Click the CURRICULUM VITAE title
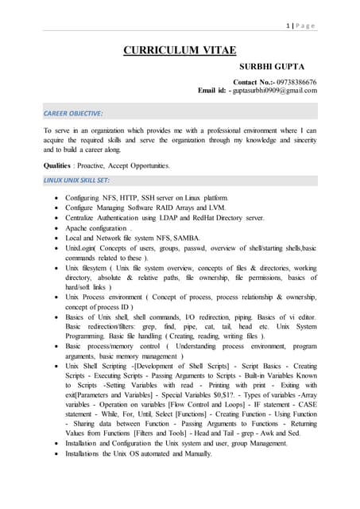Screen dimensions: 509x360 pos(180,52)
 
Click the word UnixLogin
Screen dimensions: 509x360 pos(83,248)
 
